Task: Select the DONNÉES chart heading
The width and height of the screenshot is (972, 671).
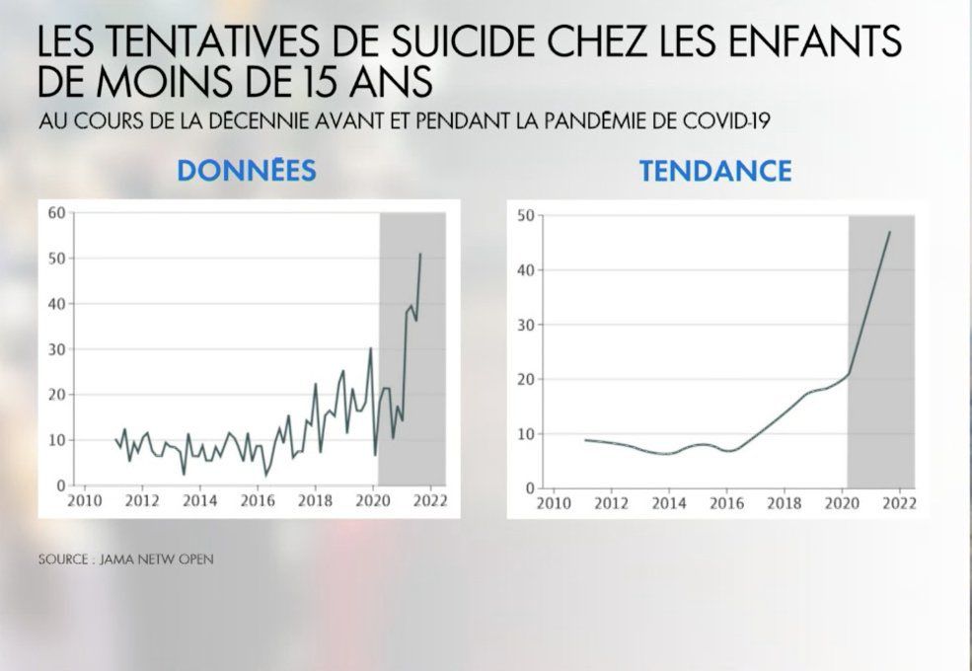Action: point(247,171)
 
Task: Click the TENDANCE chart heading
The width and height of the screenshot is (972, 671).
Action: point(715,171)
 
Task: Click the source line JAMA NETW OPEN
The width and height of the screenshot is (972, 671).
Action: point(126,559)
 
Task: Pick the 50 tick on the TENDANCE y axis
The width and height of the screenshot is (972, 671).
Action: point(525,215)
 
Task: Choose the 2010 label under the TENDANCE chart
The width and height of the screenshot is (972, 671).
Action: point(553,501)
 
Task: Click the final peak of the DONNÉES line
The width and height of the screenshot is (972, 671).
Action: point(421,254)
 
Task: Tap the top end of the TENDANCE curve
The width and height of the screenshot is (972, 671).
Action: point(890,232)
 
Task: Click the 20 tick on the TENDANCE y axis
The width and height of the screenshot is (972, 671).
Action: point(525,379)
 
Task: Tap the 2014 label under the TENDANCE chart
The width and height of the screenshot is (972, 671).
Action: point(669,501)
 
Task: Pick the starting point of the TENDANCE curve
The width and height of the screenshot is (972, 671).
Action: point(585,440)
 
